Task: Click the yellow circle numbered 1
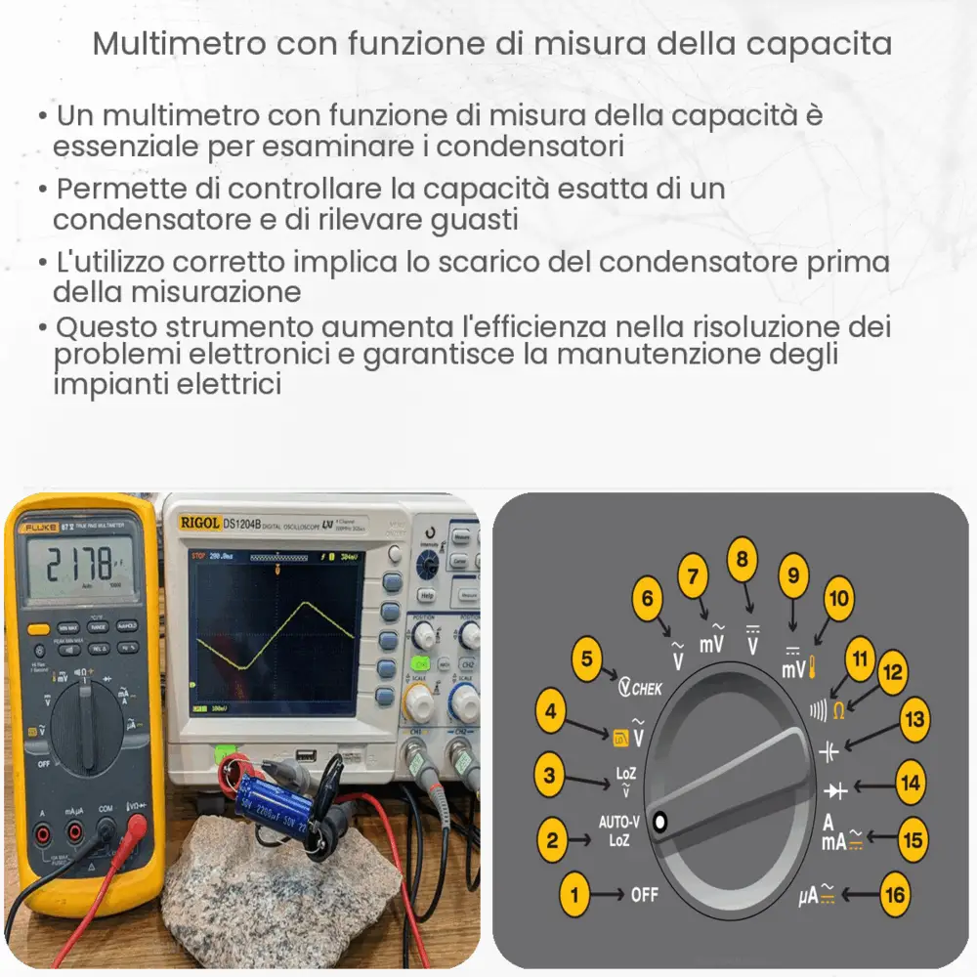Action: tap(575, 892)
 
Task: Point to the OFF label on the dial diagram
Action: tap(645, 893)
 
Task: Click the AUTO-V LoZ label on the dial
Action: tap(619, 830)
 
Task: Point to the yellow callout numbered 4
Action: tap(552, 712)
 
